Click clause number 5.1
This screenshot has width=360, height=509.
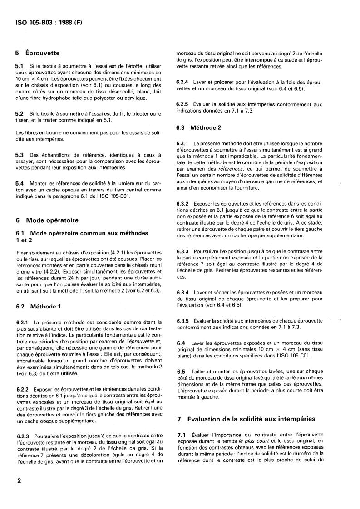click(20, 66)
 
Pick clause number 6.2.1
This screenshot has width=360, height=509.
click(22, 322)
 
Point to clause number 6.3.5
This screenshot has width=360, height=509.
click(183, 320)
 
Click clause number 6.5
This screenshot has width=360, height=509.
click(181, 372)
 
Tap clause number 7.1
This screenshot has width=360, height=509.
click(181, 435)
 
